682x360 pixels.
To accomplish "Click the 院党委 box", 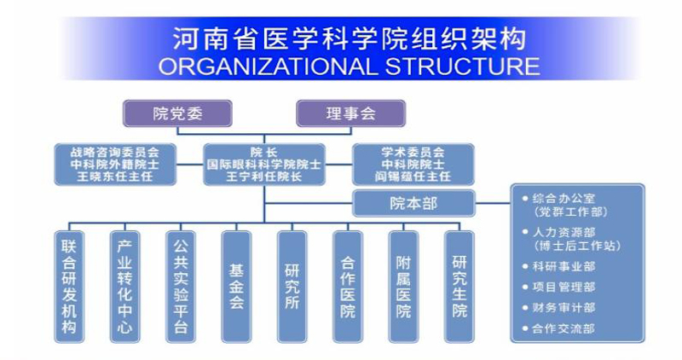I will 178,112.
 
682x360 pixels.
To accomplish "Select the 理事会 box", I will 350,112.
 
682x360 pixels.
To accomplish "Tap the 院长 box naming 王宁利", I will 263,164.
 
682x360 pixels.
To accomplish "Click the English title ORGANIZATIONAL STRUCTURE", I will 349,66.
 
